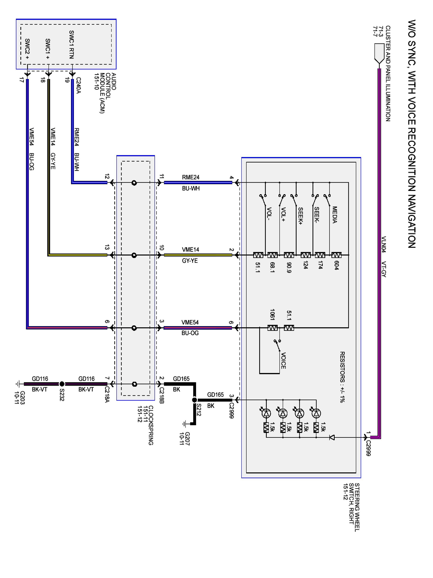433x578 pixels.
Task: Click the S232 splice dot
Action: (x=62, y=384)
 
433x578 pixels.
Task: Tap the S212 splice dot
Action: (x=194, y=400)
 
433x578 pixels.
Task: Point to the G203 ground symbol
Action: (x=18, y=384)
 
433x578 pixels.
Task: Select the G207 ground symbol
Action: (x=185, y=423)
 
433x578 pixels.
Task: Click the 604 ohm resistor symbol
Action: (x=336, y=255)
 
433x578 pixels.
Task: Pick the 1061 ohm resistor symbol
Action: (x=272, y=328)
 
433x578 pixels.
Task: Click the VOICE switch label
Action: (x=283, y=361)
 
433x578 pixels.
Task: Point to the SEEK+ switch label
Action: (x=300, y=216)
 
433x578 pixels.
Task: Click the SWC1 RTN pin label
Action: (x=71, y=45)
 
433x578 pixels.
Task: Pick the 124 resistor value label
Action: (x=306, y=265)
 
